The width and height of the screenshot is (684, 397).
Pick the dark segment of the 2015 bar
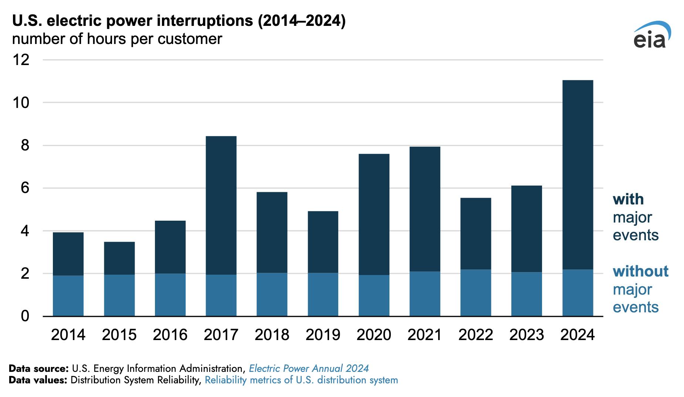click(x=119, y=258)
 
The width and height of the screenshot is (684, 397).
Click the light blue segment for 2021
click(x=425, y=294)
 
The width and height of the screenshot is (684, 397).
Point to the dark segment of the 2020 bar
click(x=374, y=214)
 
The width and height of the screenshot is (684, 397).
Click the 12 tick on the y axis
click(x=21, y=60)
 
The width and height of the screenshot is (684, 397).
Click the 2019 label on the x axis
click(x=323, y=335)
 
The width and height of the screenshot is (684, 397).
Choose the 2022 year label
click(x=475, y=335)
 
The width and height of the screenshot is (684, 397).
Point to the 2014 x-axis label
click(x=68, y=335)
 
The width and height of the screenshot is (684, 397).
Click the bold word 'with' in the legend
click(x=628, y=200)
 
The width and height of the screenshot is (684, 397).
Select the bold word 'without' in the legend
click(x=640, y=271)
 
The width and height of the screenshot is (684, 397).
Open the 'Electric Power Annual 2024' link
click(x=309, y=368)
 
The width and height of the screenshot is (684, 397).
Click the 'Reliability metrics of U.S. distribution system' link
click(x=301, y=380)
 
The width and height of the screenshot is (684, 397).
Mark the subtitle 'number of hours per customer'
click(x=117, y=39)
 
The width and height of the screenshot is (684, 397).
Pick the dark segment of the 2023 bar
click(x=526, y=229)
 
